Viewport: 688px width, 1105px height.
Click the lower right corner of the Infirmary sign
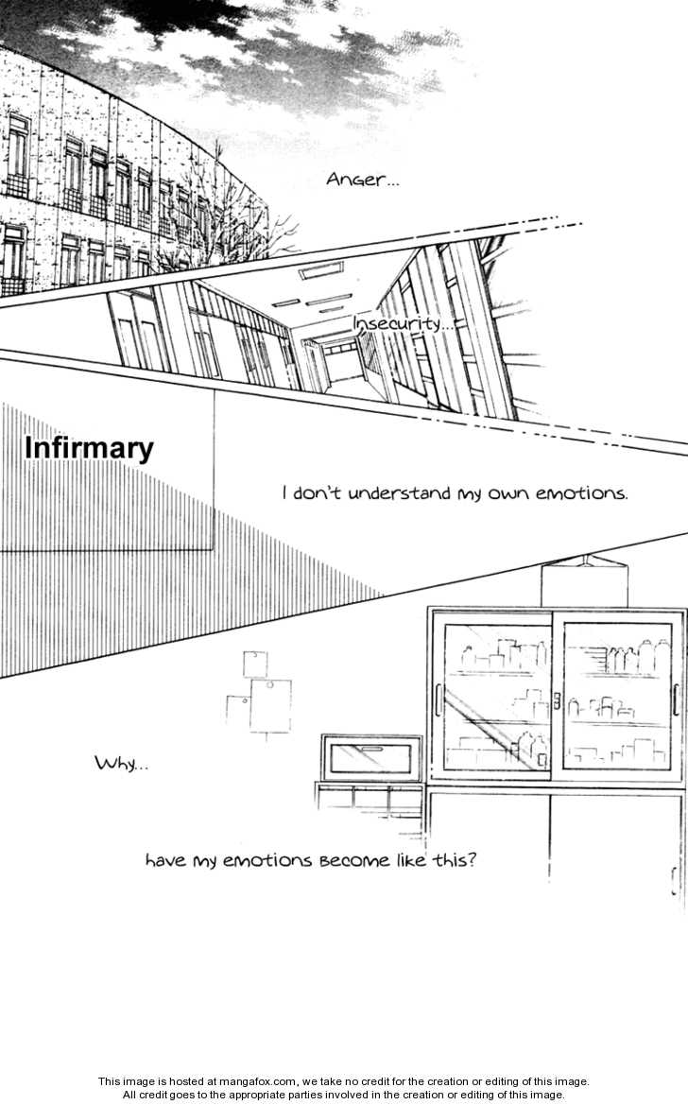(214, 550)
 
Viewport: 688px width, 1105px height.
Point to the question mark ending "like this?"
(471, 860)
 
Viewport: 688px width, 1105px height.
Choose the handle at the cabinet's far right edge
(674, 881)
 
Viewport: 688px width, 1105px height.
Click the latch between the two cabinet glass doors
(557, 701)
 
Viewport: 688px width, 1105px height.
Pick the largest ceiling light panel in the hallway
(320, 271)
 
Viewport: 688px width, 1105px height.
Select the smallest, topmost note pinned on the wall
(254, 664)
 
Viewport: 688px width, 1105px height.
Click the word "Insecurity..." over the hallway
(403, 325)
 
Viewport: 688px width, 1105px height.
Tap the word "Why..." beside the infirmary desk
(121, 763)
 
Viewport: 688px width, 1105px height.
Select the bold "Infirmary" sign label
(89, 449)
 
